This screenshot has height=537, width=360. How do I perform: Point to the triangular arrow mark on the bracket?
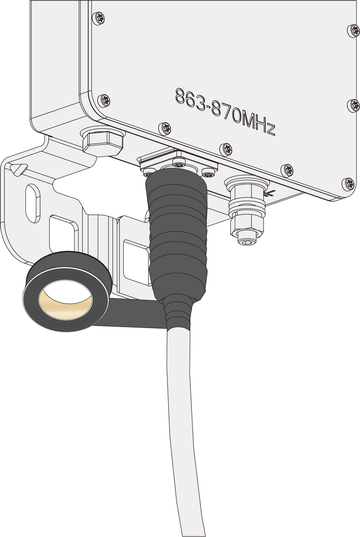[19, 169]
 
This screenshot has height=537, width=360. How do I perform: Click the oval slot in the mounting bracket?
[33, 203]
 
